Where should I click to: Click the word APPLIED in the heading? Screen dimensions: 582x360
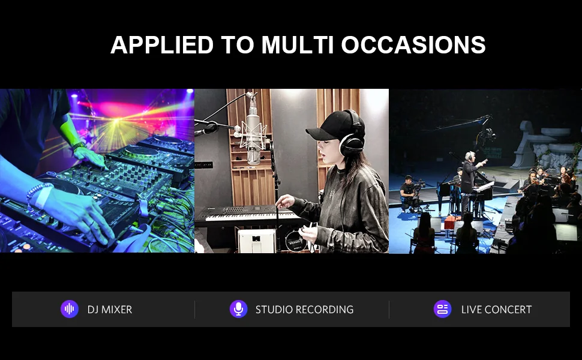tap(162, 45)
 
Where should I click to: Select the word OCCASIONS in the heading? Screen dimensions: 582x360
tap(413, 45)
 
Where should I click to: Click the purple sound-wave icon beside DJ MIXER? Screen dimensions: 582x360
tap(70, 309)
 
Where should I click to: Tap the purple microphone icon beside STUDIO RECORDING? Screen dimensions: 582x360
tap(239, 309)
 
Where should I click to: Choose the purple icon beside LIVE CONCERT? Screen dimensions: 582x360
tap(442, 309)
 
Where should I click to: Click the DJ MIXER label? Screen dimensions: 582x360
tap(110, 310)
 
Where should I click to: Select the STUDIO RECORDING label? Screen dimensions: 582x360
tap(304, 310)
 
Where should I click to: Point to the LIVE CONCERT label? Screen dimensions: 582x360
tap(496, 310)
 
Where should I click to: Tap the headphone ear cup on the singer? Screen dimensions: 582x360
tap(351, 145)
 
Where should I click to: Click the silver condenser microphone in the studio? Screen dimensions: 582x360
tap(254, 134)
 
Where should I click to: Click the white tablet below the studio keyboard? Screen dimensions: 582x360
tap(256, 241)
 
